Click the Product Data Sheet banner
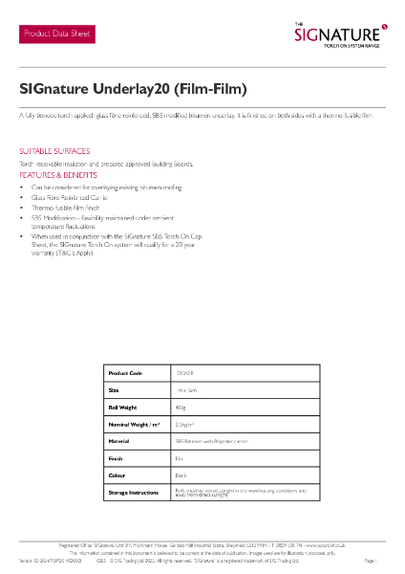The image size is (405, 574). click(58, 33)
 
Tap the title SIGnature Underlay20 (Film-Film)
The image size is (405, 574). click(133, 89)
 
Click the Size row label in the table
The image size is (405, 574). click(114, 390)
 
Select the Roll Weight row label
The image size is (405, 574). click(123, 407)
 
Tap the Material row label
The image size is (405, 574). click(119, 441)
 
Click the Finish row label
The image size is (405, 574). click(117, 458)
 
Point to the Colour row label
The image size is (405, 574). click(117, 475)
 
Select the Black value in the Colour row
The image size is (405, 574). click(181, 475)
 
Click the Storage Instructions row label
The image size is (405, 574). click(133, 493)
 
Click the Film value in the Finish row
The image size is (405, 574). click(179, 458)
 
